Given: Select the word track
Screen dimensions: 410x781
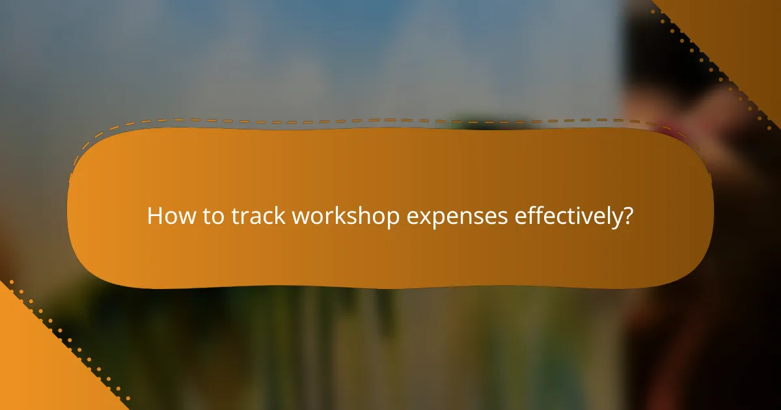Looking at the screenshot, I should [258, 216].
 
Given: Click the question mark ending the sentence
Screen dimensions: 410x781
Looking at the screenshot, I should [627, 216].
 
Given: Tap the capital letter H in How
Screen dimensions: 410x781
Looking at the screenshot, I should [154, 216].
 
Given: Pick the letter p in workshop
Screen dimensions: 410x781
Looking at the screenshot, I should [393, 220].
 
